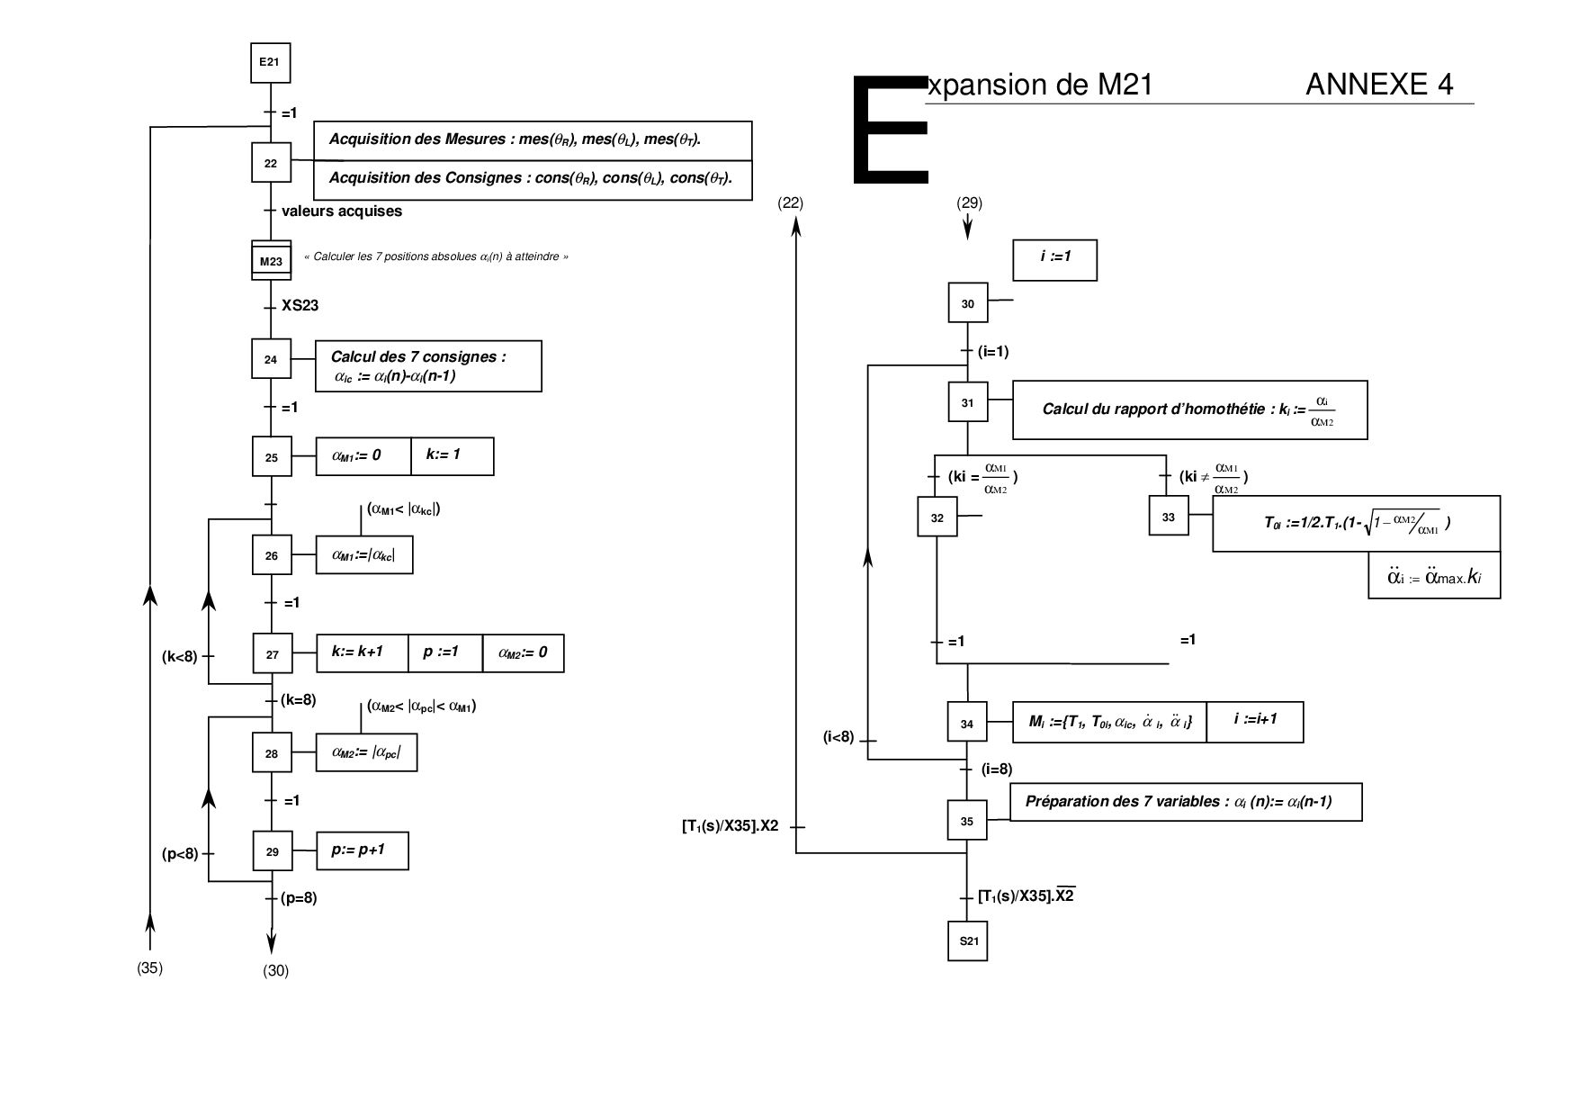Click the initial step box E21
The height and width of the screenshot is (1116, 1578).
click(x=270, y=62)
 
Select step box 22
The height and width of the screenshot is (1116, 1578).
click(x=271, y=163)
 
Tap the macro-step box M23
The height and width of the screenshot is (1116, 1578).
click(x=271, y=261)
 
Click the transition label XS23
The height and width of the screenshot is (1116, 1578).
click(x=300, y=306)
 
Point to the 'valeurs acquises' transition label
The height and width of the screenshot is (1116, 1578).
click(x=342, y=211)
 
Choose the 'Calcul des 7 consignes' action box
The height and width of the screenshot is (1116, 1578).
click(x=428, y=366)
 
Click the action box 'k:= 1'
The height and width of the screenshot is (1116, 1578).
click(x=452, y=456)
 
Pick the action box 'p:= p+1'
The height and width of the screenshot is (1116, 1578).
click(x=363, y=850)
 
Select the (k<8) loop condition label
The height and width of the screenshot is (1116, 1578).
click(x=180, y=657)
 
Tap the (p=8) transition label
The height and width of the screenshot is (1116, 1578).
click(x=299, y=898)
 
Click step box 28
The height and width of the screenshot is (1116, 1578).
click(x=272, y=753)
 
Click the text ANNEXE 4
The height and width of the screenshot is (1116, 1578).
click(x=1378, y=85)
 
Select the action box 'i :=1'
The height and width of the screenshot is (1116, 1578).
click(x=1054, y=259)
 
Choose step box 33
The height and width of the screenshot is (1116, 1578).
click(x=1169, y=517)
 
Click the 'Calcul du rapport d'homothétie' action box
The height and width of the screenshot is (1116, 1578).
click(x=1189, y=409)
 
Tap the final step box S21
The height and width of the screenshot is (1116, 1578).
click(x=968, y=941)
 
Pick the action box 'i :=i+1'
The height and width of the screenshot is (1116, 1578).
click(x=1255, y=722)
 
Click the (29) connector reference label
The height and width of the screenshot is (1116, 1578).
click(x=969, y=203)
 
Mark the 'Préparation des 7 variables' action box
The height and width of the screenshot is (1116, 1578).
click(x=1187, y=802)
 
